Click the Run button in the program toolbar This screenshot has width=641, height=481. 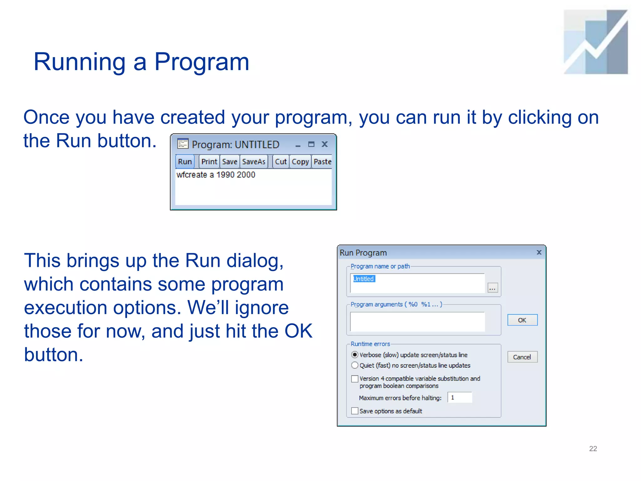185,162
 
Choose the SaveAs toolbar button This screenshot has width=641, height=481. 254,162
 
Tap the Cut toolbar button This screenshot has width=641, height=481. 281,162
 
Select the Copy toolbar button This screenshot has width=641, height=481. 300,162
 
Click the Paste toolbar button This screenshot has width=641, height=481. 322,162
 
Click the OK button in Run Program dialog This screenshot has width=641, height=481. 522,320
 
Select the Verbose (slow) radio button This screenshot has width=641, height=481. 355,355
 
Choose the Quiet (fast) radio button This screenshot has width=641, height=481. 355,365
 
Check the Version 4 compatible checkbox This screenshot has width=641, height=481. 355,379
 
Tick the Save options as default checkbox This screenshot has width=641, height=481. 355,411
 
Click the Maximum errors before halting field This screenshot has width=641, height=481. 459,398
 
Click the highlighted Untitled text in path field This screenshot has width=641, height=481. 364,279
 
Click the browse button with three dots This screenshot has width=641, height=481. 493,288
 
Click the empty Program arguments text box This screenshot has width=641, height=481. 417,322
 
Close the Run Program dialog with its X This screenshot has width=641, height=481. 539,252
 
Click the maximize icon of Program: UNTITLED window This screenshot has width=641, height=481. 311,144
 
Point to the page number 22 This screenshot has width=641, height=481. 593,449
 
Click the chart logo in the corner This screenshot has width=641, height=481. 596,42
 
